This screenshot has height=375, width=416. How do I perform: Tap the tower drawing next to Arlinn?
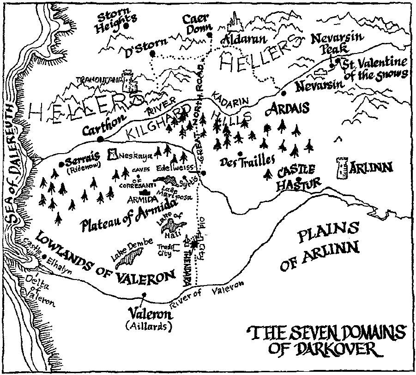click(x=342, y=169)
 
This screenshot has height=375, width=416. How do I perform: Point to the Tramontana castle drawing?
click(x=129, y=82)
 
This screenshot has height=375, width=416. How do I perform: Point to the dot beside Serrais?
click(x=61, y=163)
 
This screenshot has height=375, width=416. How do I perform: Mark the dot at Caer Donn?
click(x=209, y=35)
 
